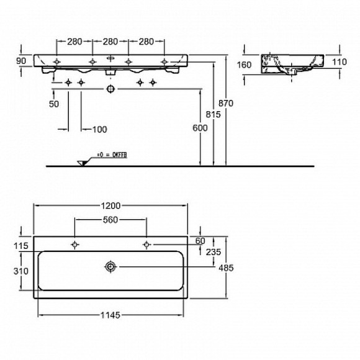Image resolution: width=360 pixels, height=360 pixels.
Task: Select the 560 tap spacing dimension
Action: tap(110, 220)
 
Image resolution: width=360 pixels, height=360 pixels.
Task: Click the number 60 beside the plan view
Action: tap(200, 241)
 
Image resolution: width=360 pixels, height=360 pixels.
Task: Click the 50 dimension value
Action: tap(54, 104)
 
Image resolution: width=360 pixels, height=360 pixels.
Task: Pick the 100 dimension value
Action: tap(99, 129)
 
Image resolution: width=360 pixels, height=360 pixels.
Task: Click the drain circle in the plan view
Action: tap(110, 267)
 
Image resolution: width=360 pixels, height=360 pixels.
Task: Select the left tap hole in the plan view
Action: tap(74, 244)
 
